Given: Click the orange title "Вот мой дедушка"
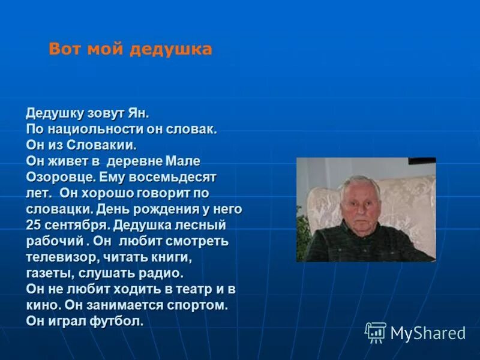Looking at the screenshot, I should [x=130, y=49].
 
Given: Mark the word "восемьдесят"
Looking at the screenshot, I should [x=178, y=178].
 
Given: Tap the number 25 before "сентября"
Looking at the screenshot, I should [x=33, y=226].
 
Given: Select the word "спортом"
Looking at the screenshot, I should [x=196, y=305].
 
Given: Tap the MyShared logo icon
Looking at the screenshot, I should [x=376, y=332].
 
